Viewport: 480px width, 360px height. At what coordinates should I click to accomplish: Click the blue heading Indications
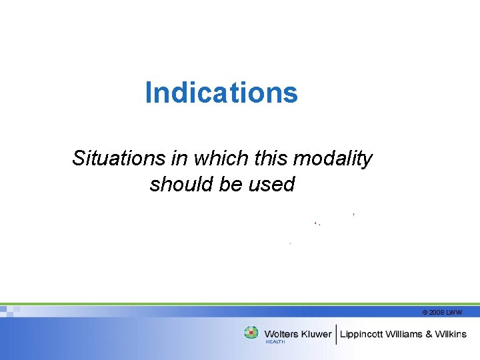click(x=221, y=93)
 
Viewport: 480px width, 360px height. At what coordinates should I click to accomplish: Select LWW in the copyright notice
click(x=455, y=312)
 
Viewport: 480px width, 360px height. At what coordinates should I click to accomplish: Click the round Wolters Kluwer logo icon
click(x=251, y=333)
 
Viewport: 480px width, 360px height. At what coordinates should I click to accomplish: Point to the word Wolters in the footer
click(x=281, y=334)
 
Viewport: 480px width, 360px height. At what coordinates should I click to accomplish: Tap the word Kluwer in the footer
click(x=316, y=334)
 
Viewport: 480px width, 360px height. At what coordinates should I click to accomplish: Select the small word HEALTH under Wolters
click(x=275, y=342)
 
